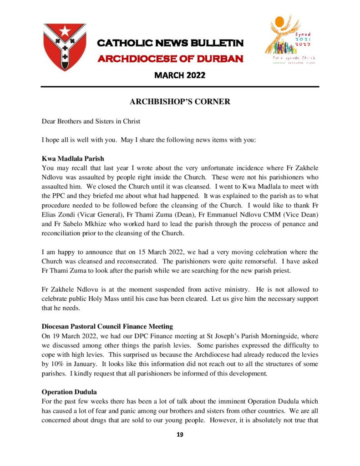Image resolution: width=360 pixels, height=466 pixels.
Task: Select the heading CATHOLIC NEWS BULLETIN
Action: [171, 43]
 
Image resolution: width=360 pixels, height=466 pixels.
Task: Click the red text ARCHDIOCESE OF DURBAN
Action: [171, 59]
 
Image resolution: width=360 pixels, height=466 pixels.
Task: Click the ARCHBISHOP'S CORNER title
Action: [180, 102]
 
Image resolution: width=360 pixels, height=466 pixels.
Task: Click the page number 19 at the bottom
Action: [180, 435]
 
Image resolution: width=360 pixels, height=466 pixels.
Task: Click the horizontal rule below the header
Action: [180, 86]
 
